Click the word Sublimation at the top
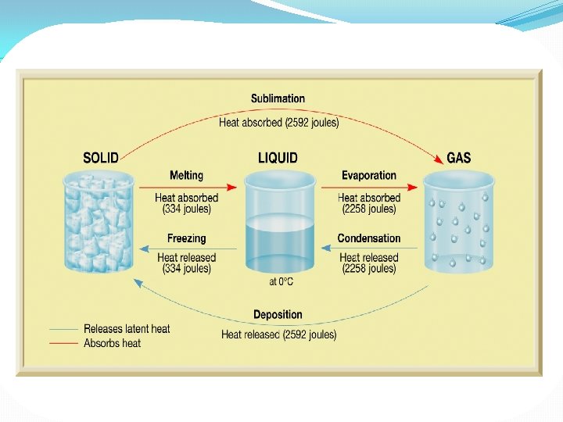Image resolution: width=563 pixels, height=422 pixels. tap(278, 98)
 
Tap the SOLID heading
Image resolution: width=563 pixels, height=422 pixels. tap(101, 158)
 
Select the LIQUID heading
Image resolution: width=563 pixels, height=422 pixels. tap(278, 158)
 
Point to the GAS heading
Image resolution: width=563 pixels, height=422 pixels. tap(458, 158)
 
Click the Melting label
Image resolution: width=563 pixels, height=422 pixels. tap(186, 176)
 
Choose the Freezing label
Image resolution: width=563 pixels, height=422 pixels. tap(186, 238)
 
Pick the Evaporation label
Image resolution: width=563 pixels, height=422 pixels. tap(368, 176)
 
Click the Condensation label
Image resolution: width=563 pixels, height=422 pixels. tap(368, 238)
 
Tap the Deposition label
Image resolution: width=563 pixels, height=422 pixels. tap(278, 315)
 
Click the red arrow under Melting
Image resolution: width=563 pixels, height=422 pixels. tap(188, 188)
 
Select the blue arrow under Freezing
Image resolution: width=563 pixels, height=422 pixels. tap(188, 249)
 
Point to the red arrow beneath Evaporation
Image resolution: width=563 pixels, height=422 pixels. tap(369, 188)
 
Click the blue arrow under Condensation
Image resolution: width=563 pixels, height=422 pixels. tap(369, 249)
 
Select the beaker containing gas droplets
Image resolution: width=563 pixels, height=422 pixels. tap(459, 223)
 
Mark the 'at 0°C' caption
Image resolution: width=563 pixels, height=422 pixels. tap(279, 282)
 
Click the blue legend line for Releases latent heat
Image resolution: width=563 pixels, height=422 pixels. tap(63, 329)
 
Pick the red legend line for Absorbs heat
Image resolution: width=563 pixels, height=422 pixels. tap(63, 343)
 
